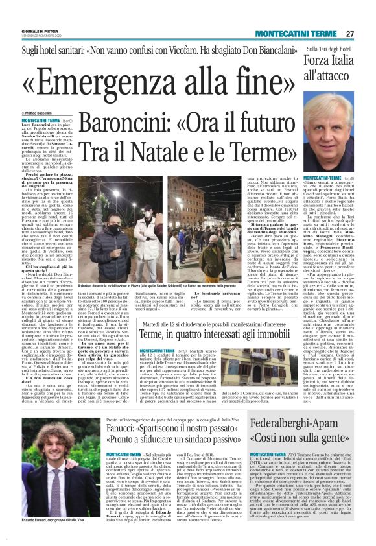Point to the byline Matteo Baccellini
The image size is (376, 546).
pyautogui.click(x=40, y=113)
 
